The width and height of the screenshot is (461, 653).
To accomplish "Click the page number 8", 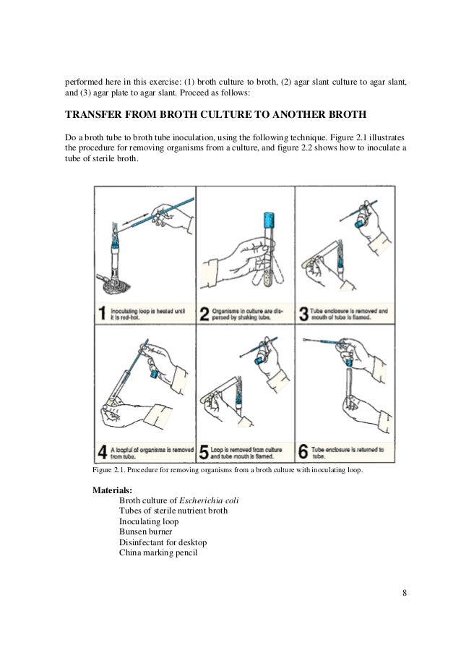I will pyautogui.click(x=405, y=594).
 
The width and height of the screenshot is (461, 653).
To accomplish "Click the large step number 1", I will pyautogui.click(x=103, y=312).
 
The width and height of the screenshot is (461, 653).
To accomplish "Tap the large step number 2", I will pyautogui.click(x=205, y=312).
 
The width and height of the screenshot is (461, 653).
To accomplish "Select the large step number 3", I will pyautogui.click(x=305, y=312).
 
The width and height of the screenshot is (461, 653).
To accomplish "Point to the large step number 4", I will pyautogui.click(x=103, y=452).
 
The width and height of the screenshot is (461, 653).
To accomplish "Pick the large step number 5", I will pyautogui.click(x=205, y=452).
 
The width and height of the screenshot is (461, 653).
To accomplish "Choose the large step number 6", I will pyautogui.click(x=305, y=452).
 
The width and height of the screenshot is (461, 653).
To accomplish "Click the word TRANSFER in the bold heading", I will pyautogui.click(x=95, y=114).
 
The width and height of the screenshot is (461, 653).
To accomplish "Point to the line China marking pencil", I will pyautogui.click(x=158, y=553).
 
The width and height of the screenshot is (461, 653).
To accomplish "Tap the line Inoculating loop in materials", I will pyautogui.click(x=149, y=521).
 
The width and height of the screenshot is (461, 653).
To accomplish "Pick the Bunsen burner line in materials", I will pyautogui.click(x=146, y=532).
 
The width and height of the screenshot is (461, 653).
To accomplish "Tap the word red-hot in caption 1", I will pyautogui.click(x=132, y=317).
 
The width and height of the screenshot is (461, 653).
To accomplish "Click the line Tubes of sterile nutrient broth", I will pyautogui.click(x=173, y=511).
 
